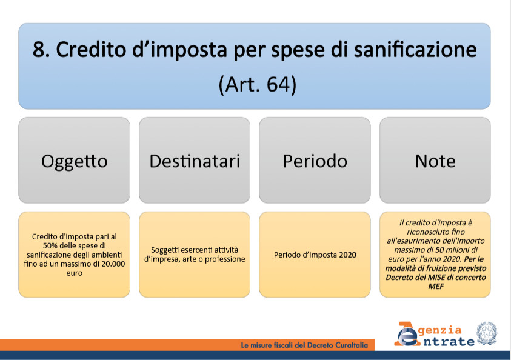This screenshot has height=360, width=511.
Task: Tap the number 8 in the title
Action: [x=38, y=50]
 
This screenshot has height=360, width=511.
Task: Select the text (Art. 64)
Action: [x=258, y=85]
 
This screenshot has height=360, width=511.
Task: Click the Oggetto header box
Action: [x=75, y=160]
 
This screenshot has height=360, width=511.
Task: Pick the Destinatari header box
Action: [x=195, y=160]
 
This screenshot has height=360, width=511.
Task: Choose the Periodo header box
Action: [x=315, y=160]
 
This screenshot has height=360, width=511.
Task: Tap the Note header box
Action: [x=435, y=160]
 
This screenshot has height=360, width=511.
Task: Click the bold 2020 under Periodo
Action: [x=348, y=255]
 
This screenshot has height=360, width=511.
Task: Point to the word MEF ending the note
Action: [x=436, y=287]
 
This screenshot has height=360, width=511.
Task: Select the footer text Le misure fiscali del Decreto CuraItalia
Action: [x=304, y=345]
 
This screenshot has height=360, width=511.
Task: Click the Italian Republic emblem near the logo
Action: [x=487, y=333]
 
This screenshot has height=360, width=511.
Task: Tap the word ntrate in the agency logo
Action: [x=449, y=342]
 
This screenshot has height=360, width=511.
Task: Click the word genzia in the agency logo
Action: [x=440, y=331]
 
